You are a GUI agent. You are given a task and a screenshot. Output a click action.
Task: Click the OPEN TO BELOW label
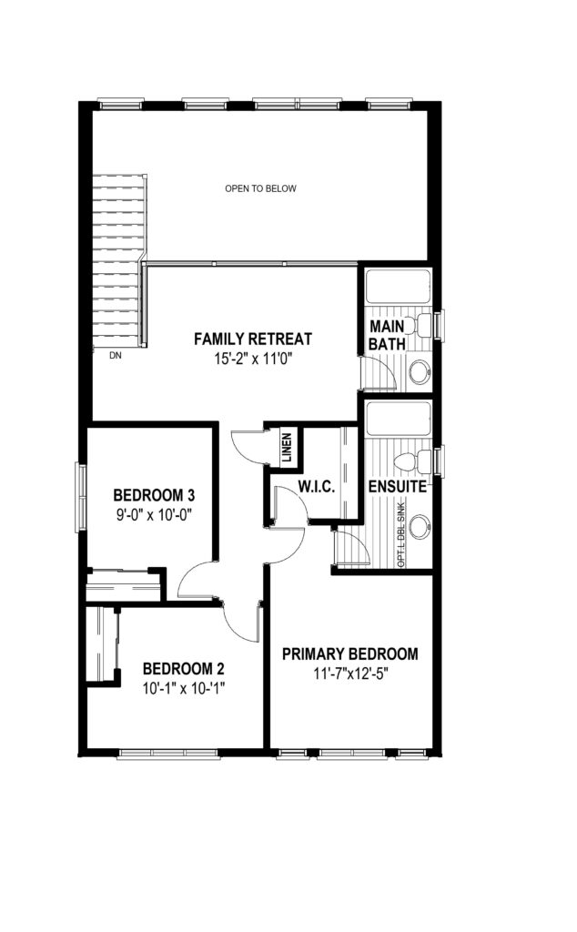pyautogui.click(x=260, y=188)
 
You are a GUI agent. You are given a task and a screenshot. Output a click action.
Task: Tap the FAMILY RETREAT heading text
pyautogui.click(x=253, y=339)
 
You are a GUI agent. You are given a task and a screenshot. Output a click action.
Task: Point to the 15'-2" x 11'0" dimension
pyautogui.click(x=253, y=359)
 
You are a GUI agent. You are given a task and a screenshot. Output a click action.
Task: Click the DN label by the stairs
pyautogui.click(x=116, y=356)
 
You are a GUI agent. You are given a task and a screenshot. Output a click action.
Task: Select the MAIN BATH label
pyautogui.click(x=388, y=335)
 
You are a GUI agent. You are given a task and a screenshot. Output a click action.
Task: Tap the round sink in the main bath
pyautogui.click(x=420, y=371)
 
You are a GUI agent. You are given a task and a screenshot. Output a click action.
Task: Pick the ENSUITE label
pyautogui.click(x=398, y=487)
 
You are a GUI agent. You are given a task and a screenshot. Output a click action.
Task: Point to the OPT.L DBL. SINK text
pyautogui.click(x=401, y=533)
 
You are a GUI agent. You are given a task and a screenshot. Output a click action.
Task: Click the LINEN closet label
pyautogui.click(x=287, y=448)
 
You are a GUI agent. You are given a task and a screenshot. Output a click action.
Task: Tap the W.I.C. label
pyautogui.click(x=317, y=488)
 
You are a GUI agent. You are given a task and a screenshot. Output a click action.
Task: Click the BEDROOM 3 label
pyautogui.click(x=154, y=494)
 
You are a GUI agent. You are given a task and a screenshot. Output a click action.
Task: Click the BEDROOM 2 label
pyautogui.click(x=183, y=669)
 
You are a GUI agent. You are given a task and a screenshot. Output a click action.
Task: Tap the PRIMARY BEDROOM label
pyautogui.click(x=350, y=654)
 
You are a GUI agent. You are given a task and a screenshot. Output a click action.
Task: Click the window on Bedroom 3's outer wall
pyautogui.click(x=81, y=497)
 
